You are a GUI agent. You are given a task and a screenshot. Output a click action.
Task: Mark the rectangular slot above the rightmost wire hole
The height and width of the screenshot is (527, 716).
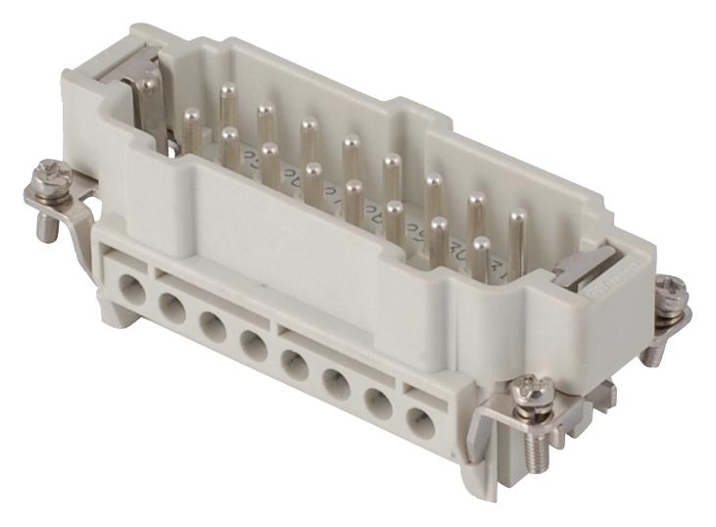pyautogui.click(x=420, y=391)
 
